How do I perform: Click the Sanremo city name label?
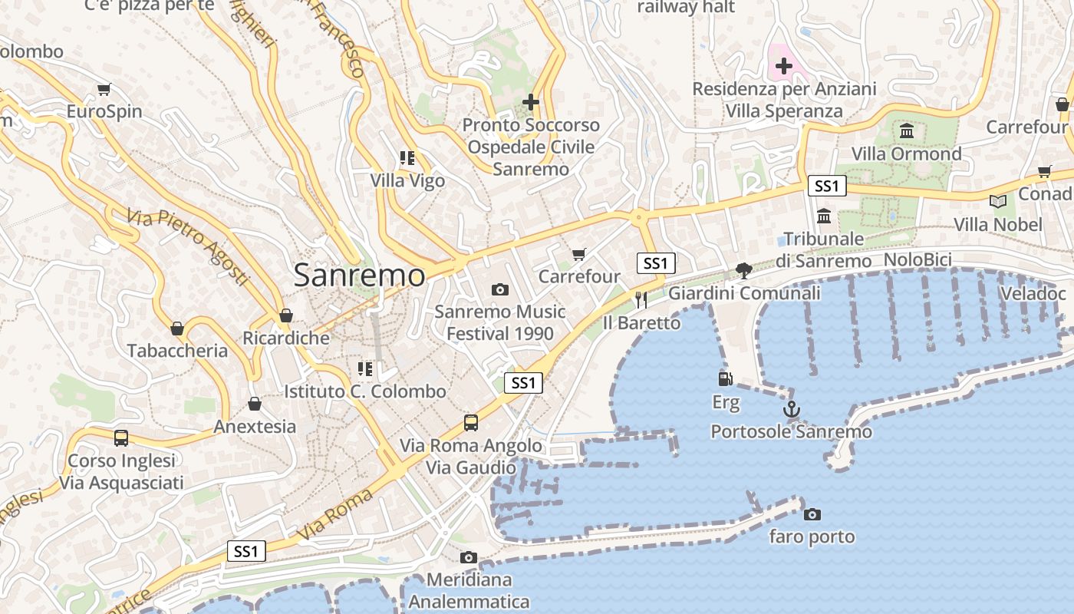coord(359,275)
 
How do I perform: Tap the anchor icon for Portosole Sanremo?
coord(792,409)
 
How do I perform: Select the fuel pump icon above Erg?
coord(725,378)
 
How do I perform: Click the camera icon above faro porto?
coord(812,514)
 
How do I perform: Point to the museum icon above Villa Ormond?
coord(907,130)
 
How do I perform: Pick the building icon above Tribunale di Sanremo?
coord(824,216)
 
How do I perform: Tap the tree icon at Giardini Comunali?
coord(743,270)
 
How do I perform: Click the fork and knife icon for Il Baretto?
coord(641,299)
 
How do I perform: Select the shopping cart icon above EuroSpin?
coord(104,89)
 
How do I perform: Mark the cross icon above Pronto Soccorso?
coord(530,101)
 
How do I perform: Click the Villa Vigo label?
coord(407,181)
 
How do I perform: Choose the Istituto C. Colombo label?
coord(364,391)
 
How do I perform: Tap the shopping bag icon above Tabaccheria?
coord(177,328)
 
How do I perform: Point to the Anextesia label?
coord(255,427)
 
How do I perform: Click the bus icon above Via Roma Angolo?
coord(471,423)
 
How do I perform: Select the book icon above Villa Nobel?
coord(997,201)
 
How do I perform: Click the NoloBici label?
coord(918,259)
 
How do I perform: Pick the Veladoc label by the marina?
coord(1033,293)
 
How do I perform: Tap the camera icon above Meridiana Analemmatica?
coord(469,557)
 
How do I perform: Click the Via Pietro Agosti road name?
coord(188,246)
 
